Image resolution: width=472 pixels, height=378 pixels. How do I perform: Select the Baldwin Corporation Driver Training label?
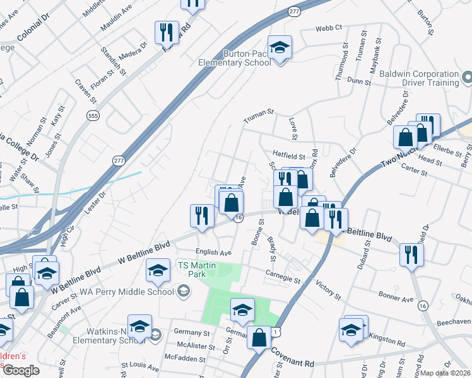coord(419,77)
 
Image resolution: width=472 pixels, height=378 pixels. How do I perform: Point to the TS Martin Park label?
coord(197,270)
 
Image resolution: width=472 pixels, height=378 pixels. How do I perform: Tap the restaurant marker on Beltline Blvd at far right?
coord(411,255)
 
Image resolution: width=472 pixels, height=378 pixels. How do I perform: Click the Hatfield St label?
coord(288,154)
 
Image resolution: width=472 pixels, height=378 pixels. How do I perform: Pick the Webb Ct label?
coord(329,28)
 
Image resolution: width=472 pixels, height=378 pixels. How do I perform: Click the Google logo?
coord(21,370)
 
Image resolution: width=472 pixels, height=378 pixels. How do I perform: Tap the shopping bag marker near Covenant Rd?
coord(259,338)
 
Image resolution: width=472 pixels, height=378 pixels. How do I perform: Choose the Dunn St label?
coord(358,81)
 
